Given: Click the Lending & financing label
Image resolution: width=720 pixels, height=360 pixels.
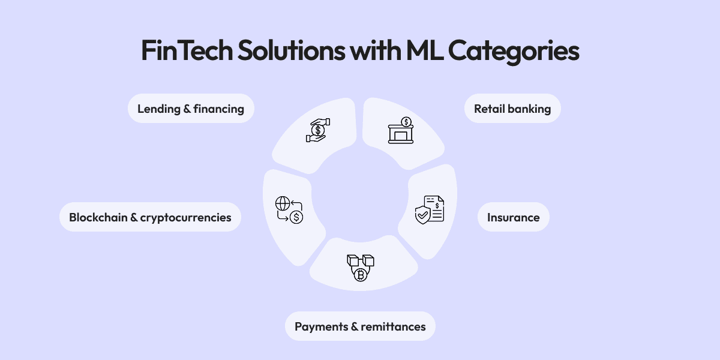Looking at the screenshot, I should pos(191,109).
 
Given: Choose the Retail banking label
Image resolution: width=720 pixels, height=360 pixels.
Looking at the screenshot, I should pos(512,109).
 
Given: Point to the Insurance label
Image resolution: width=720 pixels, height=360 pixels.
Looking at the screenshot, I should pos(513,217).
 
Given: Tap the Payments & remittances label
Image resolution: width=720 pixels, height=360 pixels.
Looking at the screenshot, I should pos(360,326).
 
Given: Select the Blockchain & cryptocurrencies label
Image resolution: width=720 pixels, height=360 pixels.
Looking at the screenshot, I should pos(150,217).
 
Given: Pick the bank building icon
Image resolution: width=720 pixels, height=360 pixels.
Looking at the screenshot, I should pos(401,130).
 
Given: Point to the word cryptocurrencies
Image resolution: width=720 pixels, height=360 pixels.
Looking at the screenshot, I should pos(185,217).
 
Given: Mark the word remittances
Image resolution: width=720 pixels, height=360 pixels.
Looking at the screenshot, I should pos(394,326).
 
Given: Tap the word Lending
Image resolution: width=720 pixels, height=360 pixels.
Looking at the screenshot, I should pos(158,109).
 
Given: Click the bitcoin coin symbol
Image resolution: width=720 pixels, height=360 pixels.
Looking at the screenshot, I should pos(360,275).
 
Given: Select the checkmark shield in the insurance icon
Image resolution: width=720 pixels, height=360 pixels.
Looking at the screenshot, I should pos(423,214).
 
